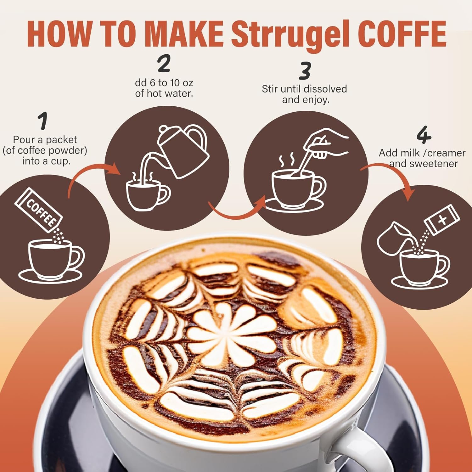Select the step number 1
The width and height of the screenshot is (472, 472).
(43, 121)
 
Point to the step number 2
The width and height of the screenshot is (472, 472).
(164, 63)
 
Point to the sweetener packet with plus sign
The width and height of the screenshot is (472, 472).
(442, 220)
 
